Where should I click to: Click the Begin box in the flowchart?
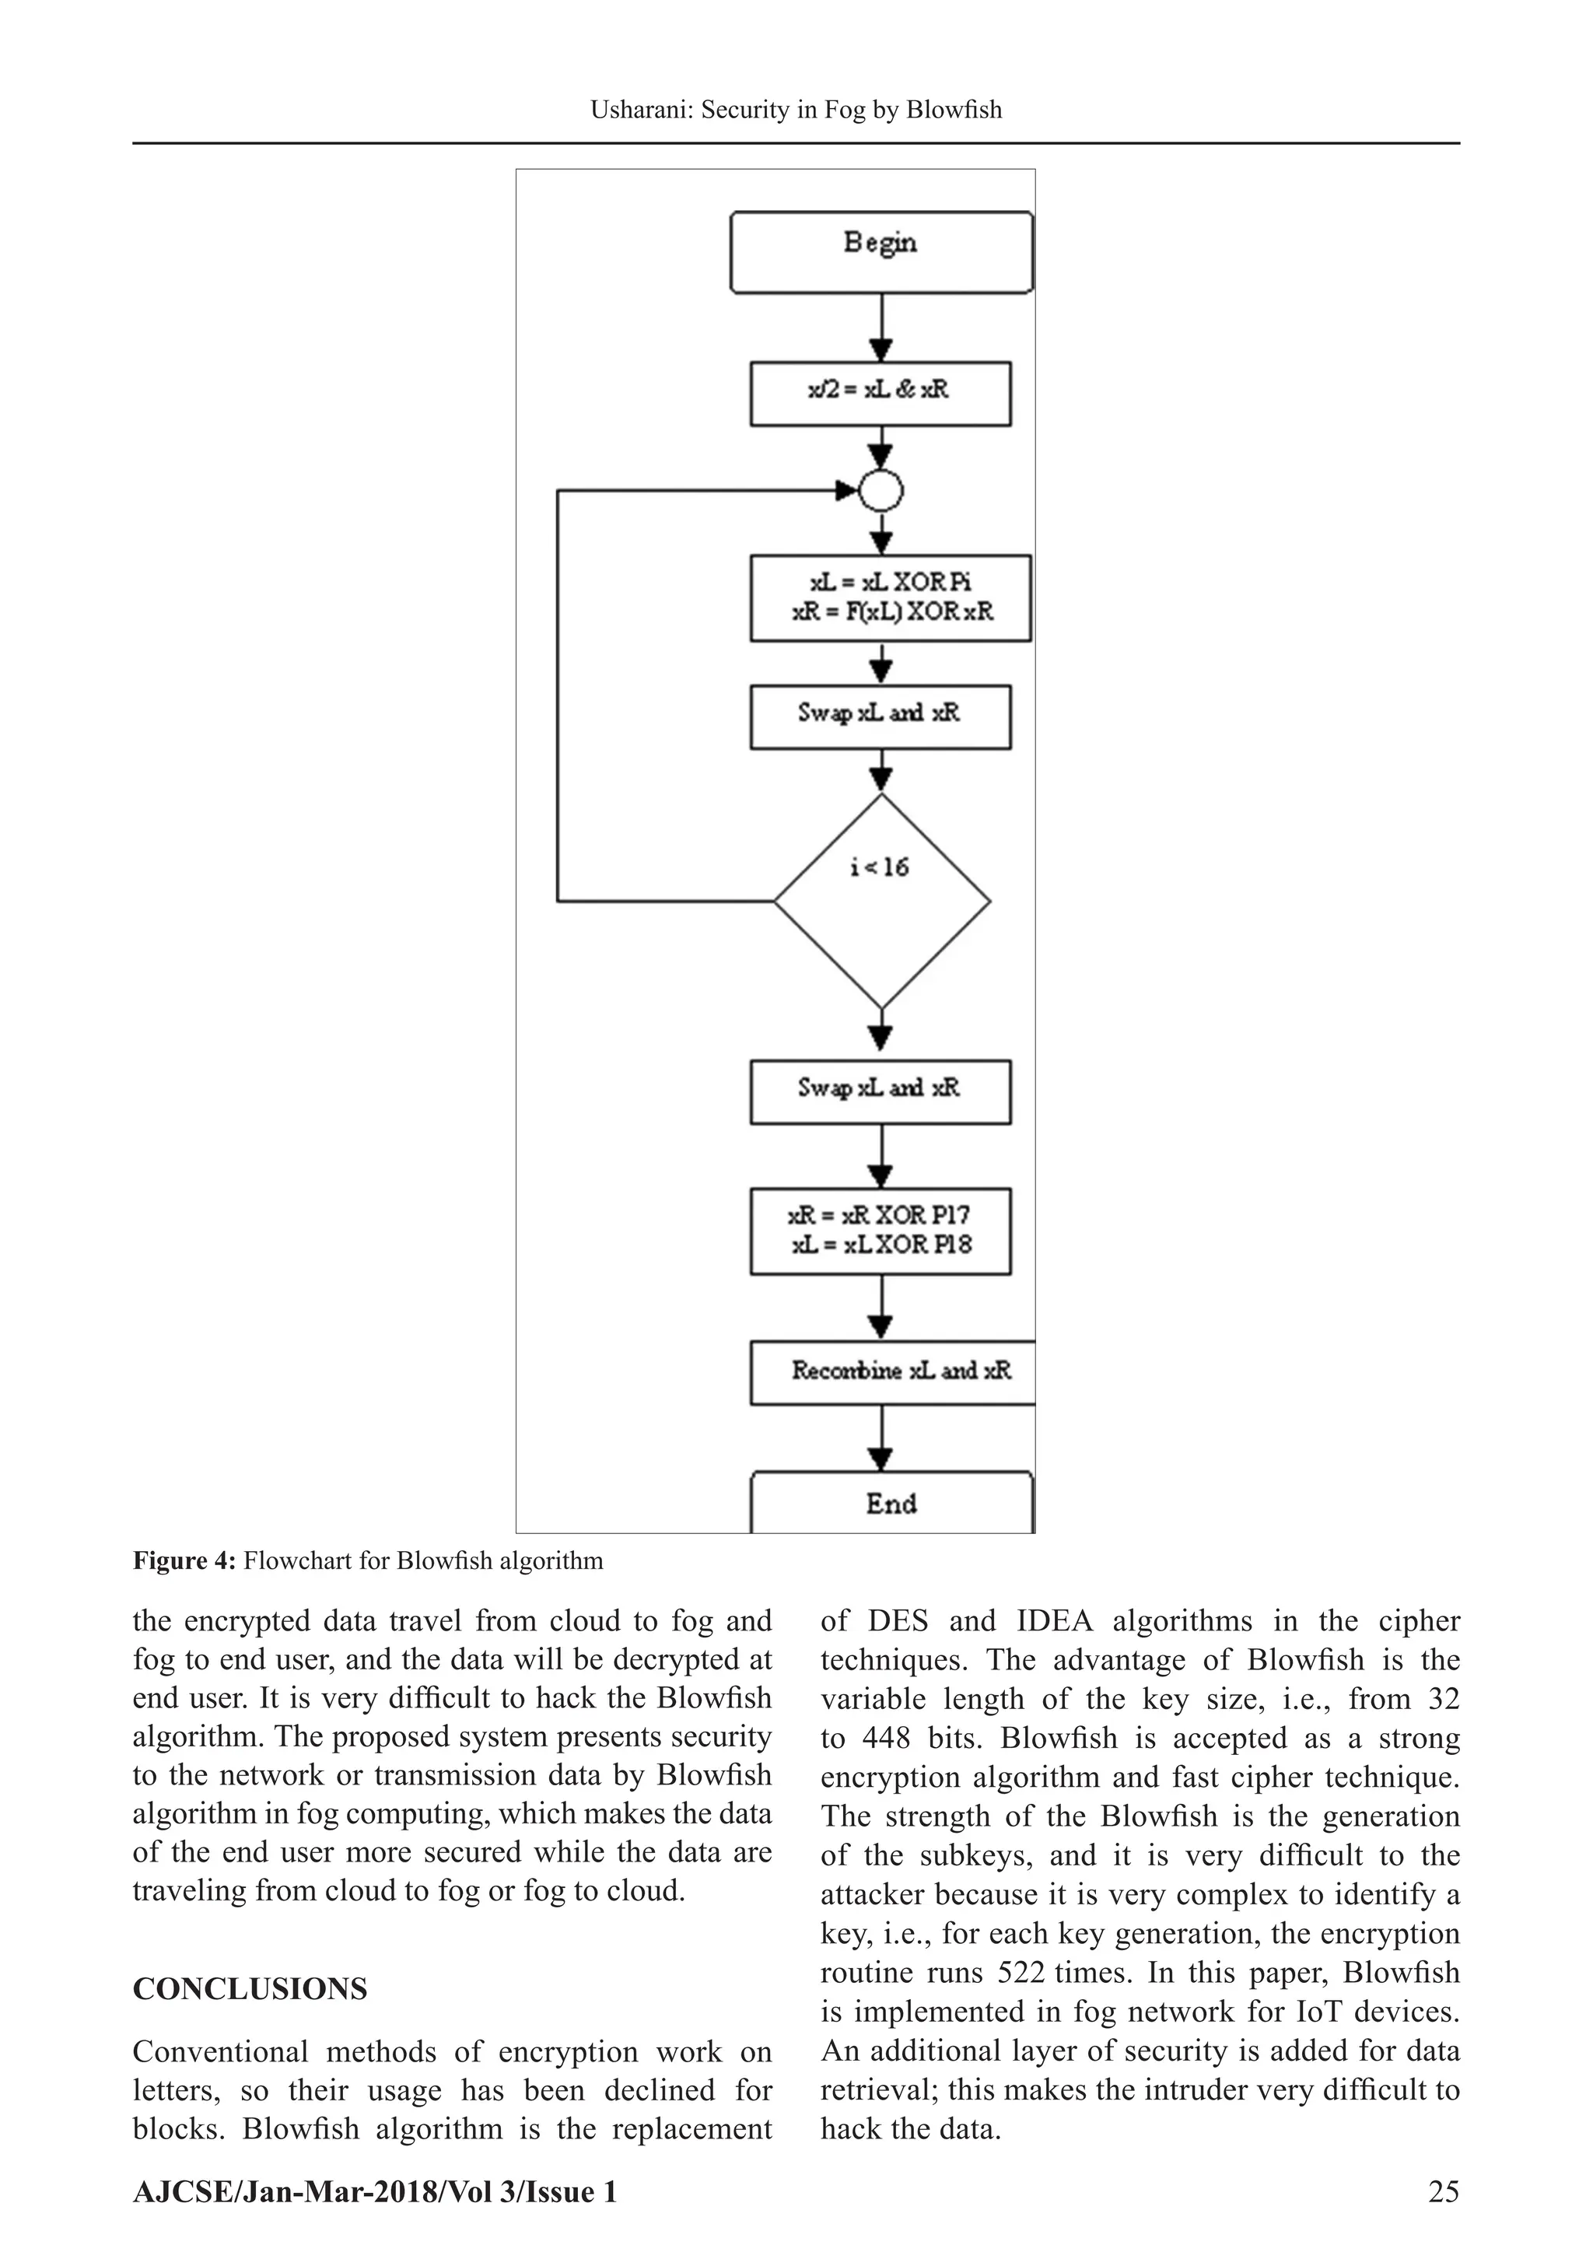point(881,252)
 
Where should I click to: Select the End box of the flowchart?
point(891,1504)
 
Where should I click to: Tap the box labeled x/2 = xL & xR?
point(880,394)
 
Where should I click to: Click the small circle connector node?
point(881,492)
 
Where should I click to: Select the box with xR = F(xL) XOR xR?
point(890,598)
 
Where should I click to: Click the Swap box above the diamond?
point(880,717)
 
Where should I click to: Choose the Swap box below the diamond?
point(880,1091)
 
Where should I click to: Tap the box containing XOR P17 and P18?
point(880,1231)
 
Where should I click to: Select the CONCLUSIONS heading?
point(250,1989)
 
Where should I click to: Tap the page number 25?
point(1443,2192)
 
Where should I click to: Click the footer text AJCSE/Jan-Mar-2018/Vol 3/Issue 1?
point(375,2192)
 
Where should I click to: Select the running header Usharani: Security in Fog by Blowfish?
point(796,110)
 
